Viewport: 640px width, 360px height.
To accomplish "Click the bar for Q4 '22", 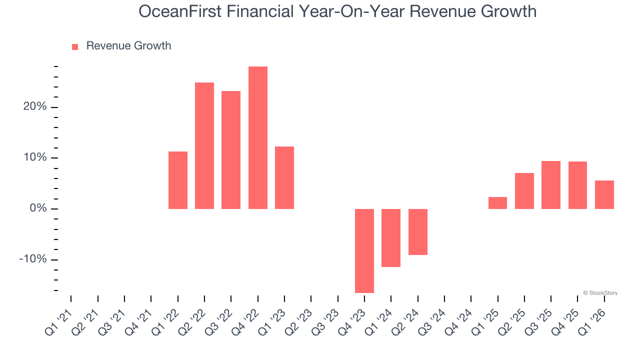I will pos(257,137).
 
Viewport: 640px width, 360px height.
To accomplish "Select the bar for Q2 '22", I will pos(204,145).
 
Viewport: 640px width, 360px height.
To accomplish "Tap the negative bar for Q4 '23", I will pos(364,250).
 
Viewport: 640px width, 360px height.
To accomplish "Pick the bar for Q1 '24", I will pos(391,237).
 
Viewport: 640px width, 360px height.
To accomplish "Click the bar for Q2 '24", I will pos(418,231).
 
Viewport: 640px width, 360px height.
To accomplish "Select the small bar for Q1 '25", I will pos(497,203).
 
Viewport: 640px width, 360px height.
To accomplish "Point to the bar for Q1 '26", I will pos(604,194).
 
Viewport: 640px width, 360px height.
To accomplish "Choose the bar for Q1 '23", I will pos(284,177).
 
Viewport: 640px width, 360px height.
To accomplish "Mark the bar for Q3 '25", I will pos(551,185).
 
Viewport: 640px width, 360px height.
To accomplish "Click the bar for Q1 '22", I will pos(178,180).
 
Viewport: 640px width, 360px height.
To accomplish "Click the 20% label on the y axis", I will pos(35,107).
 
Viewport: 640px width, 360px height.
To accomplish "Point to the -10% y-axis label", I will pos(33,259).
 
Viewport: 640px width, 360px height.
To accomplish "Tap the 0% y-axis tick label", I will pos(38,208).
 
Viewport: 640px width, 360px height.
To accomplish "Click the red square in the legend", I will pos(75,47).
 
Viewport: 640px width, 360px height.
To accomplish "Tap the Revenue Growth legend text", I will pos(128,46).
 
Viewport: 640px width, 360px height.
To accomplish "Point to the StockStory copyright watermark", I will pos(600,293).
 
